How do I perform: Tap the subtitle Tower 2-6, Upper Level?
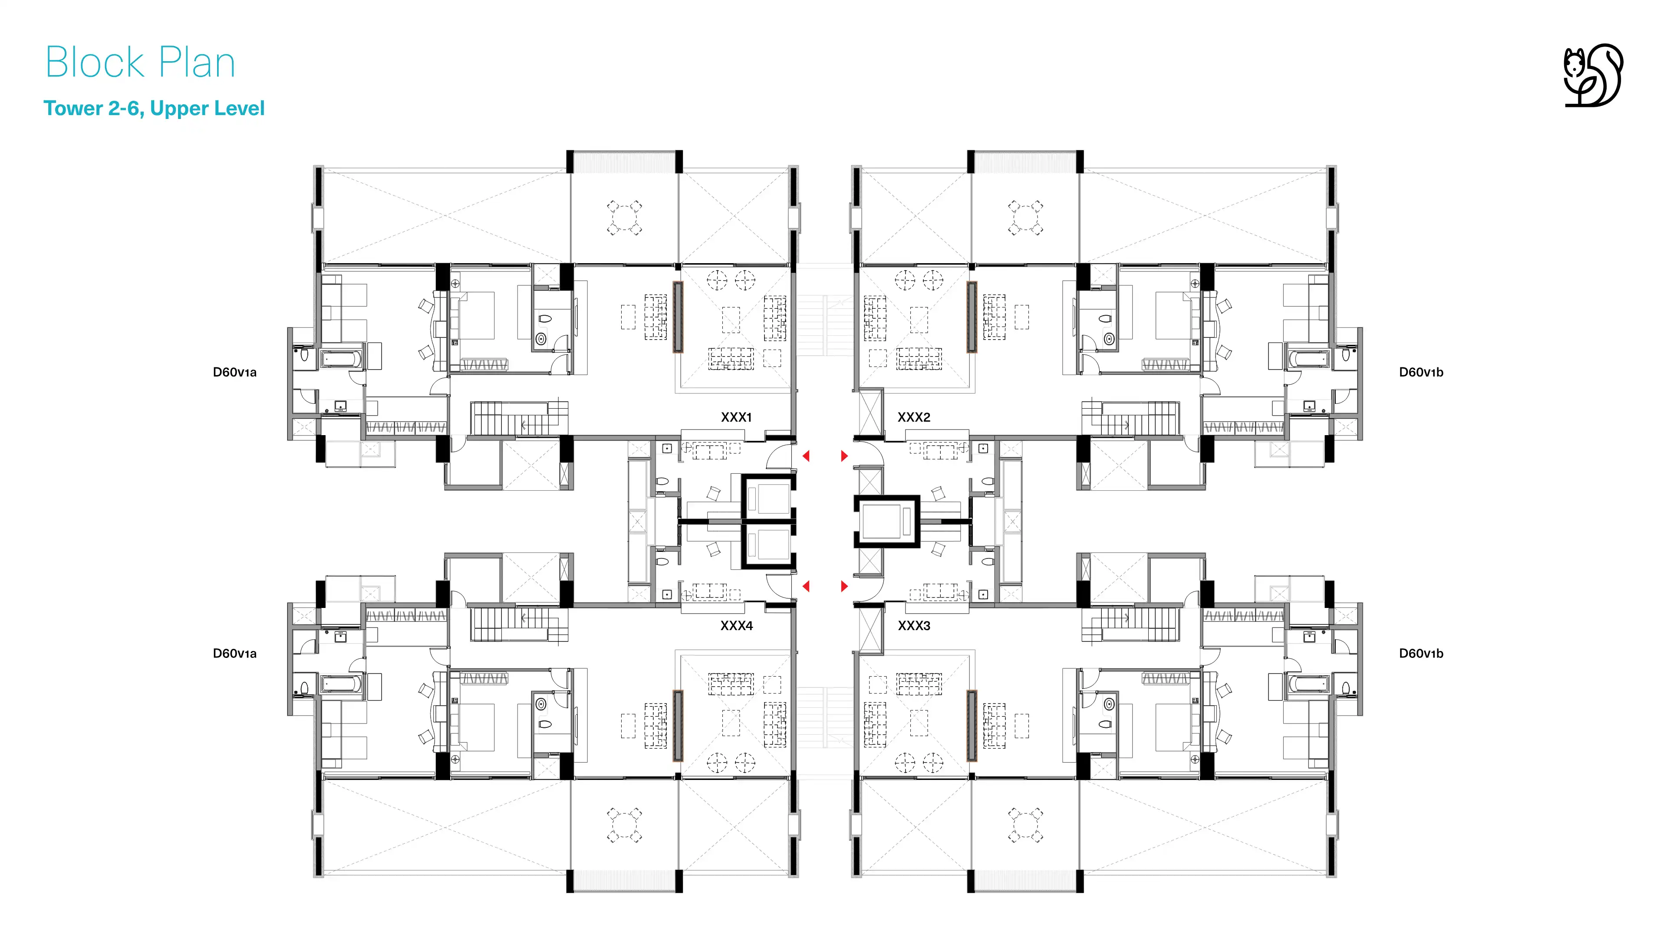154,108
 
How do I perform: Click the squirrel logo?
1593,75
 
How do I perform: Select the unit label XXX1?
736,417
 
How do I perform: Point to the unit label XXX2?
914,417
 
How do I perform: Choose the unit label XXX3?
914,626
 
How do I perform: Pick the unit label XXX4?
736,626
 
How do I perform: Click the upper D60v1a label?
235,372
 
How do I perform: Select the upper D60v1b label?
1421,372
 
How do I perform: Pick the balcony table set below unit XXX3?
1026,825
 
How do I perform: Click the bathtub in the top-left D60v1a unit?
342,359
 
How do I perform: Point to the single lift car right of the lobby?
886,522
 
